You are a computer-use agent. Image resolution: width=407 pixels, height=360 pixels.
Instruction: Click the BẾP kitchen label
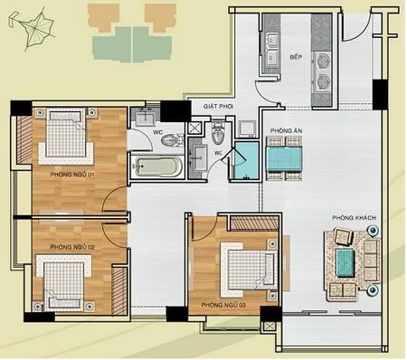tap(296, 57)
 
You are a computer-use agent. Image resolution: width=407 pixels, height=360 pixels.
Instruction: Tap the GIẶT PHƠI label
tap(218, 107)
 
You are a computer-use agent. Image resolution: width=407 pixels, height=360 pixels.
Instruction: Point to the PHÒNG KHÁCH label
tap(355, 218)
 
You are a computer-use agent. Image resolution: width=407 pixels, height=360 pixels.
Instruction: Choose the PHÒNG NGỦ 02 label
tap(72, 247)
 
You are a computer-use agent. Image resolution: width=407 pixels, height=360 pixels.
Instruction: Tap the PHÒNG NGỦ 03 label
tap(223, 305)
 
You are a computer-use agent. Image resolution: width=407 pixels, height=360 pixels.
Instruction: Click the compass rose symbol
tap(33, 29)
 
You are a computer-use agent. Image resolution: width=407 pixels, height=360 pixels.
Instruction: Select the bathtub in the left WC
tap(157, 166)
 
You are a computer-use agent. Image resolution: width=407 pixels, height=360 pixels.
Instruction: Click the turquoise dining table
tap(285, 159)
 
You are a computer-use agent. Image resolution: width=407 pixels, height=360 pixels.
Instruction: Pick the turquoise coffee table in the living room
tap(345, 263)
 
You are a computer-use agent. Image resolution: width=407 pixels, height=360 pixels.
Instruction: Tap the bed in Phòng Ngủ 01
tap(66, 136)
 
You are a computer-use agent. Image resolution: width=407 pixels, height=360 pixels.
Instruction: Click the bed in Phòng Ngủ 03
tap(250, 270)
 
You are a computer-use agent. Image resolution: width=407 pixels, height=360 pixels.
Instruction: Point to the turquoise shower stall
tap(247, 160)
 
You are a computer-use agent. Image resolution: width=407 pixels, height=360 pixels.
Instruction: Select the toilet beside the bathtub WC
tap(173, 140)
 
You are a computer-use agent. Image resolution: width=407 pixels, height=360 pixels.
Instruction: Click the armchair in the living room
tap(344, 237)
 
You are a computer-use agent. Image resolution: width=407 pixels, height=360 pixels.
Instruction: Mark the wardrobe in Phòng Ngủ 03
tap(254, 223)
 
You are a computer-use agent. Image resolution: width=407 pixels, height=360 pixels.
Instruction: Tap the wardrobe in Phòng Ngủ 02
tap(119, 291)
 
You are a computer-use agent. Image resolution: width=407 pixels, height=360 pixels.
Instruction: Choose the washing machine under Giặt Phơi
tap(248, 128)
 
